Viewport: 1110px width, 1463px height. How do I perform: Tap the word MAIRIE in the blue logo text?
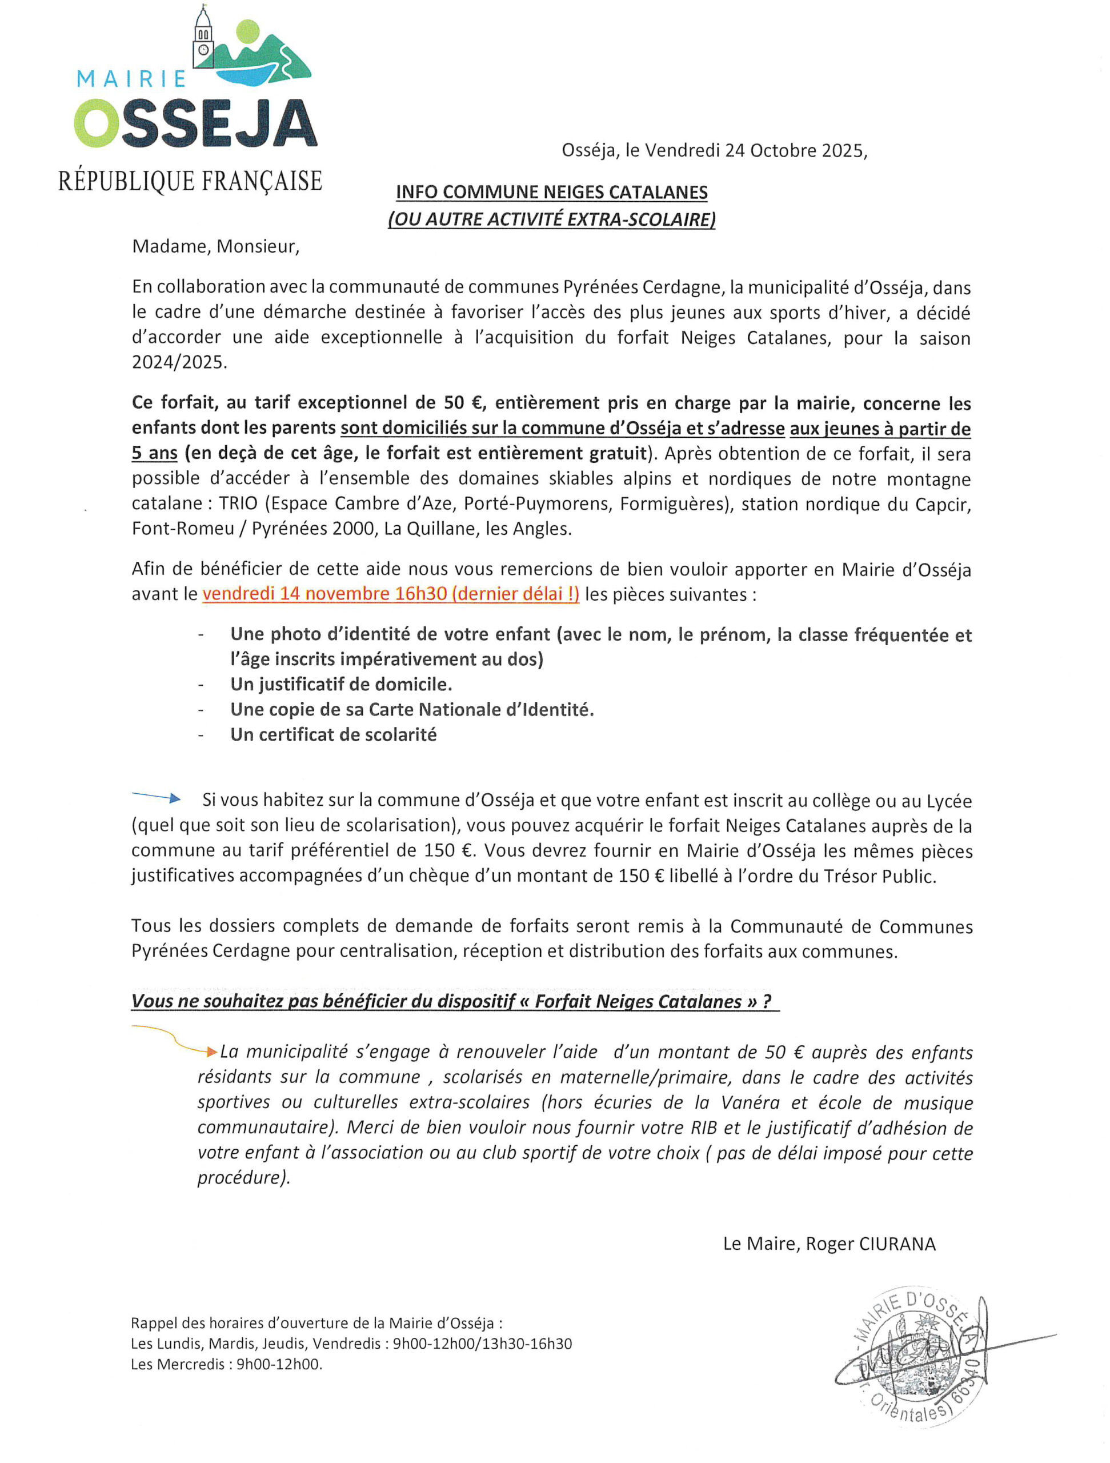131,79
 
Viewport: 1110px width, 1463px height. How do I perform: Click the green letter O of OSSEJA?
96,123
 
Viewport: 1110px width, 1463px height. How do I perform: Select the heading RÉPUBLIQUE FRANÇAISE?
190,181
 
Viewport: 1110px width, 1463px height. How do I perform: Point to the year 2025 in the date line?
841,151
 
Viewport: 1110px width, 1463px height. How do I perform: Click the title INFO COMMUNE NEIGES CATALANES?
551,193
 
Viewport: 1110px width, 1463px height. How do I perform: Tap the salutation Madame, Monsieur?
215,247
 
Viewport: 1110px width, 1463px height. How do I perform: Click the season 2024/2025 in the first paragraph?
179,362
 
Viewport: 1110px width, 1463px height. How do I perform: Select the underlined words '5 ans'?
155,454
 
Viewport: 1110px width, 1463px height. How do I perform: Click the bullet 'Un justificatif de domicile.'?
341,684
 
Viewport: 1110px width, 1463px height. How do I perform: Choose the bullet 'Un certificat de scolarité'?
333,735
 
